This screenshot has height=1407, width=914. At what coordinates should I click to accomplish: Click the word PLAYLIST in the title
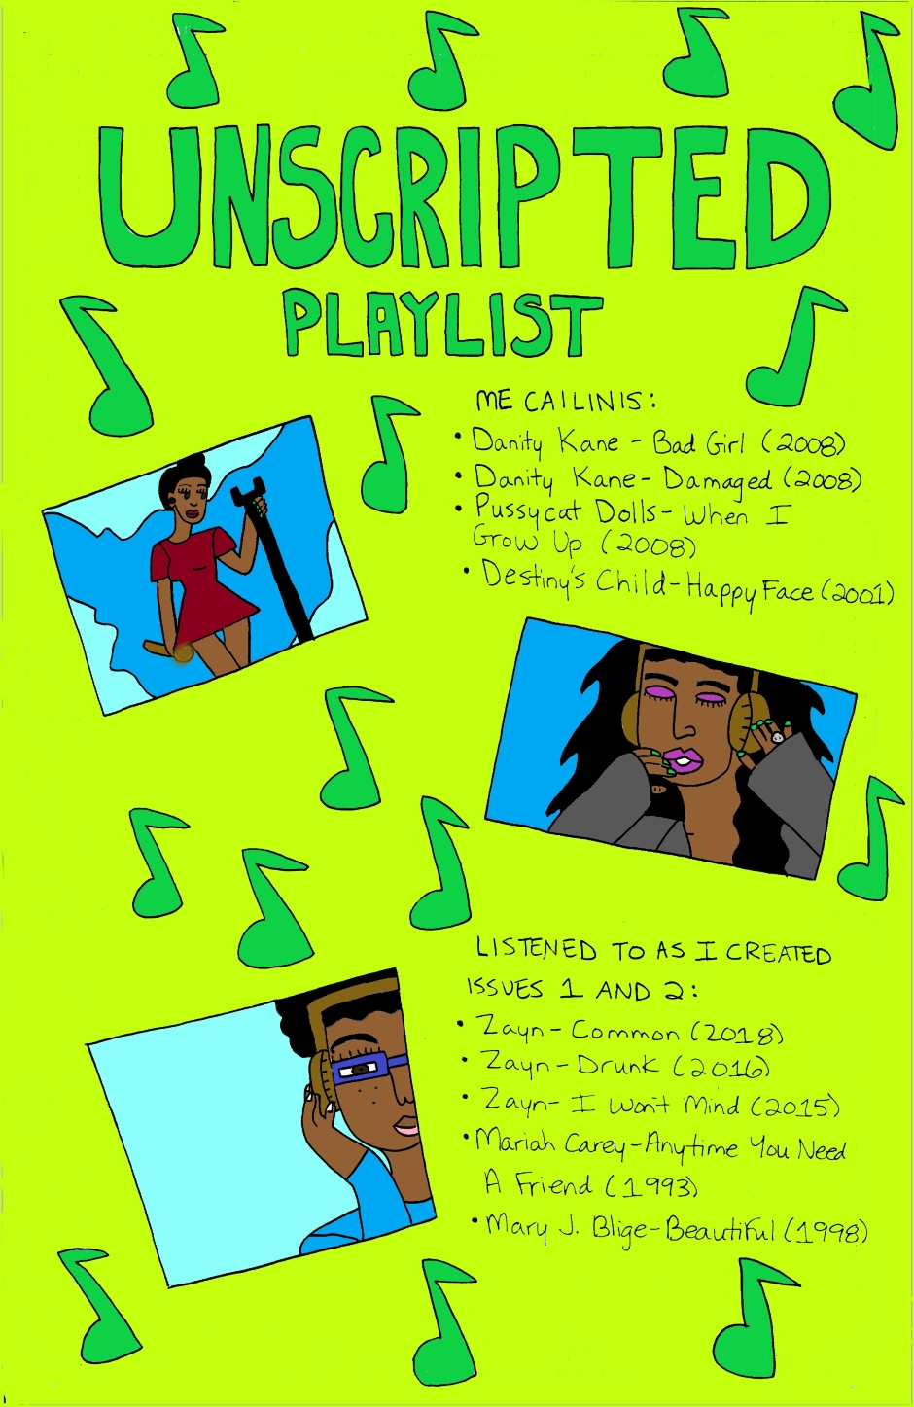442,325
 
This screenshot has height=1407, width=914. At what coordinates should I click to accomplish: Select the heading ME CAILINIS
565,401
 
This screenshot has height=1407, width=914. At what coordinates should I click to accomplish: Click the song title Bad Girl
698,442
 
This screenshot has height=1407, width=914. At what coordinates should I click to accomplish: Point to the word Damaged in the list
718,480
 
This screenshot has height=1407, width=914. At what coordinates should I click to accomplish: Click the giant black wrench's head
247,491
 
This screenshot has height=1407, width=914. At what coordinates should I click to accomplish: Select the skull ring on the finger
777,737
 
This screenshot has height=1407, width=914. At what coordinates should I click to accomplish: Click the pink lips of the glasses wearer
407,1129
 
